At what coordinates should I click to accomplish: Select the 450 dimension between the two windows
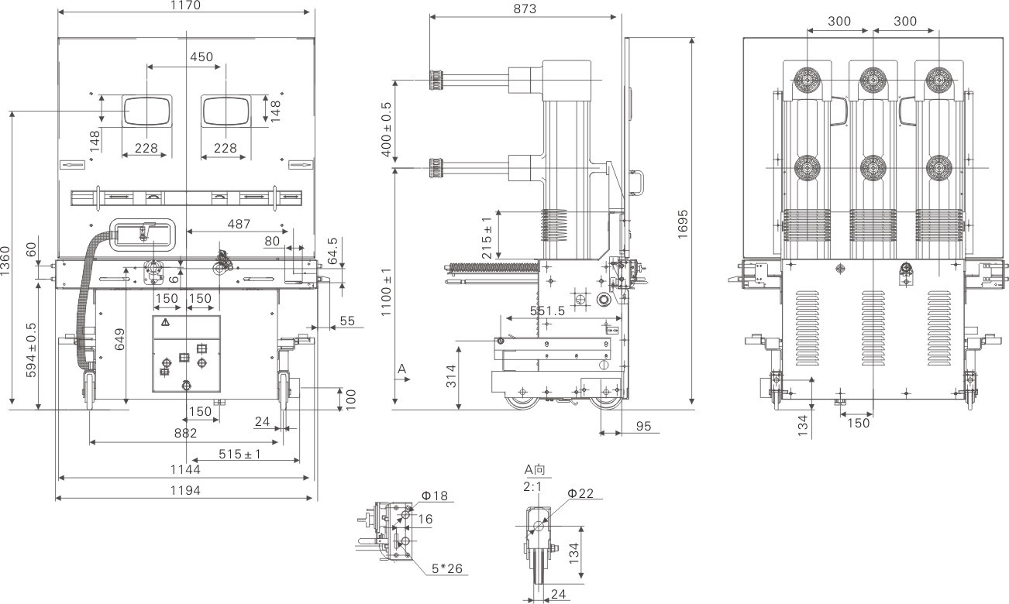(201, 57)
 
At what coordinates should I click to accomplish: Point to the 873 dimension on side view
(524, 9)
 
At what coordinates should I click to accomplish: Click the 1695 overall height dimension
(683, 224)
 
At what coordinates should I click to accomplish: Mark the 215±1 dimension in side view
(487, 237)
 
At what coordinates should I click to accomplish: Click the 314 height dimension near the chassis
(450, 376)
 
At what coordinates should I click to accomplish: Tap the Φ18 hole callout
(435, 496)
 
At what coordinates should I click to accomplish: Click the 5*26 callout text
(447, 569)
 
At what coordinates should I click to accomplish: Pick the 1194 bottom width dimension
(186, 490)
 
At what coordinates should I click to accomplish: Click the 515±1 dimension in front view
(239, 455)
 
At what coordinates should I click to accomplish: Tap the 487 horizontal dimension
(239, 225)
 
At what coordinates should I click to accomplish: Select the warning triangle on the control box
(166, 321)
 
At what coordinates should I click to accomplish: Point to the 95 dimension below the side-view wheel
(642, 426)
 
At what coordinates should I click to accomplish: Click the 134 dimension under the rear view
(803, 424)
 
